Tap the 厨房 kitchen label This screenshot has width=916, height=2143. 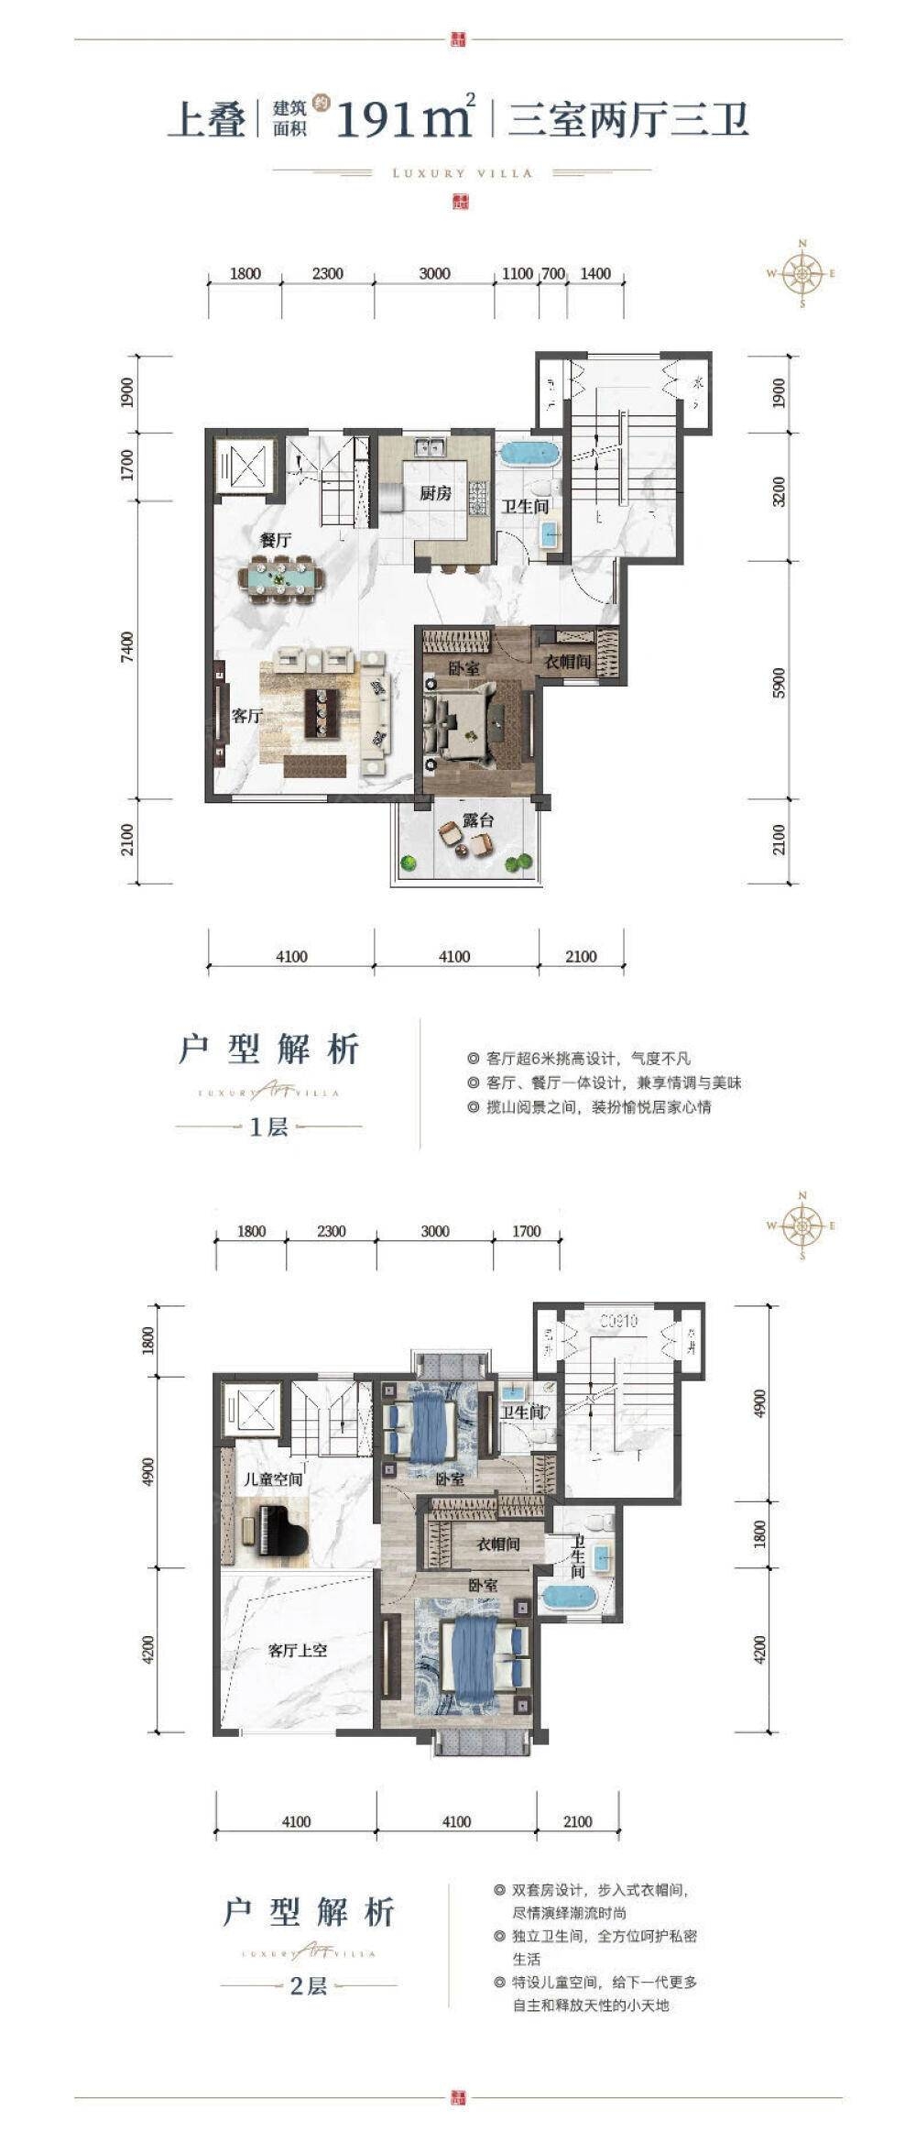(x=436, y=493)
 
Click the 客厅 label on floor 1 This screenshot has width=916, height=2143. (x=246, y=716)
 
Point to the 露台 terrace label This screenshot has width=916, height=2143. (x=478, y=820)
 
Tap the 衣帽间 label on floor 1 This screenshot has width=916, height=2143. (x=568, y=661)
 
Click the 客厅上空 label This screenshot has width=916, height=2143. (x=298, y=1650)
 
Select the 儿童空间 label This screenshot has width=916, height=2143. (x=272, y=1479)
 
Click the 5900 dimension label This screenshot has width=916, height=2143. (x=780, y=680)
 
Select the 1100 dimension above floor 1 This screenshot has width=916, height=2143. (x=518, y=273)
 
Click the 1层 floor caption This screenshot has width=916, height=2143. (x=268, y=1126)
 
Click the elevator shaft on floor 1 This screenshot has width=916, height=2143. (x=245, y=466)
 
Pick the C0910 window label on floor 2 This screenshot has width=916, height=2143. (x=619, y=1321)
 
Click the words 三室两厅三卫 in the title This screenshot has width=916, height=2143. (x=628, y=120)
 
